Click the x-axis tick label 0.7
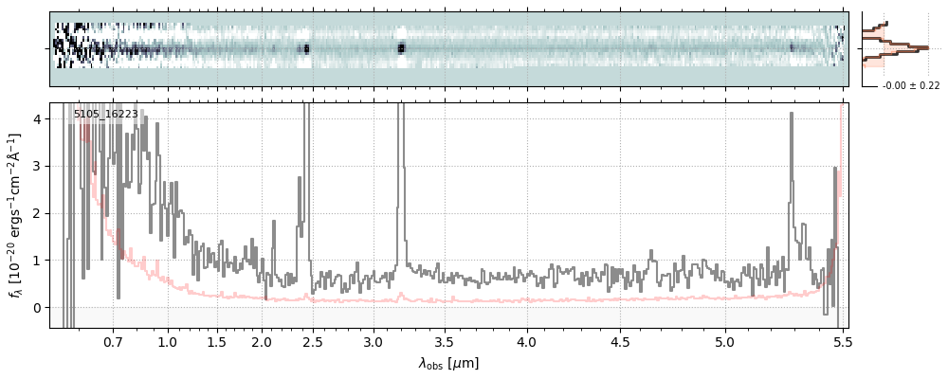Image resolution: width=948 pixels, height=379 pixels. click(113, 341)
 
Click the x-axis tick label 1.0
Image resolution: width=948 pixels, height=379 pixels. click(168, 341)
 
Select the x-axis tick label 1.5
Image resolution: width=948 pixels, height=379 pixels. click(216, 341)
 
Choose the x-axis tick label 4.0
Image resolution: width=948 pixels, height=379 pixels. click(527, 341)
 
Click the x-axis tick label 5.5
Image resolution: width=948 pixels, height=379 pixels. click(841, 341)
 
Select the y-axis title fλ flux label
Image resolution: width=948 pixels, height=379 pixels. click(15, 215)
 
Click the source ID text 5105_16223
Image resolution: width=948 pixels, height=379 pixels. click(106, 114)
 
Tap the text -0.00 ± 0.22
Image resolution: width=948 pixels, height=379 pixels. click(911, 86)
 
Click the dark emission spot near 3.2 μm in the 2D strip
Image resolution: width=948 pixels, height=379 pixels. click(401, 47)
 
